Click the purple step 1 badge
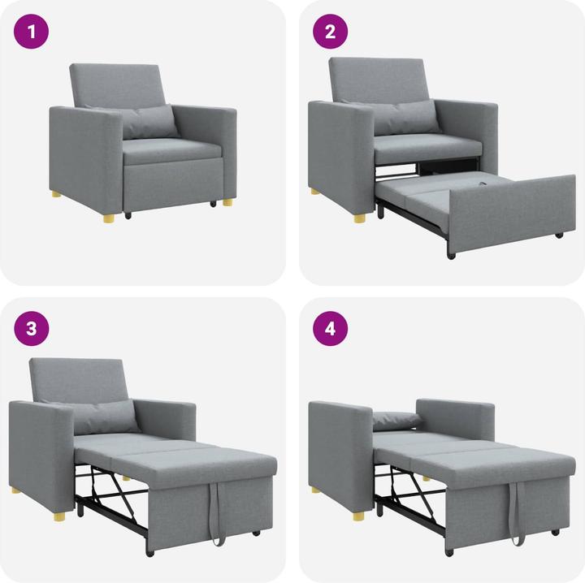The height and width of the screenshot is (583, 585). pyautogui.click(x=32, y=32)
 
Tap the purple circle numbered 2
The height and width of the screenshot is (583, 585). pyautogui.click(x=330, y=32)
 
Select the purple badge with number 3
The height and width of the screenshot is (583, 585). pyautogui.click(x=32, y=329)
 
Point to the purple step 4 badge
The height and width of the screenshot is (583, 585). pyautogui.click(x=330, y=329)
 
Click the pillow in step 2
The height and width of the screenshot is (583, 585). pyautogui.click(x=407, y=117)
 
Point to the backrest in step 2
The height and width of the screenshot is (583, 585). pyautogui.click(x=379, y=79)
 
